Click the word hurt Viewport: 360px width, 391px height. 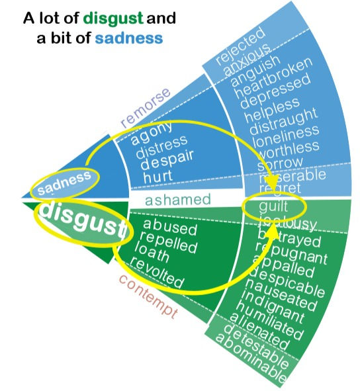pos(159,177)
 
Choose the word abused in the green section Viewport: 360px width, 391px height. pos(170,228)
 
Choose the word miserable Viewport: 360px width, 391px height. pos(292,177)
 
